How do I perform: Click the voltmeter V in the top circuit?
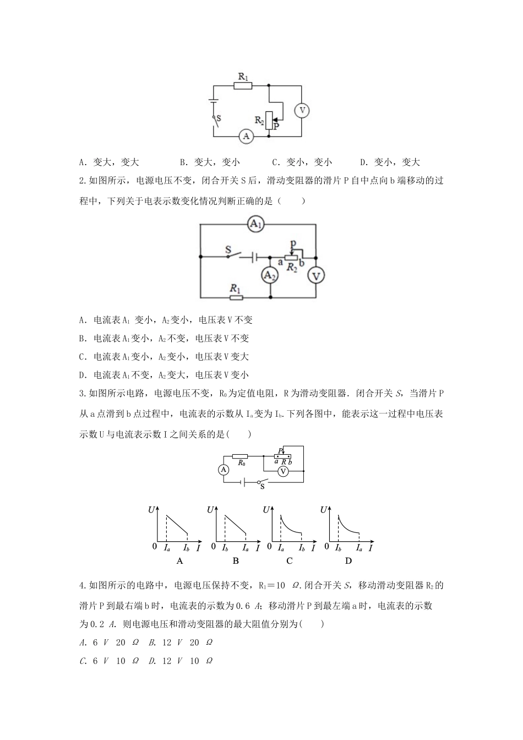(301, 110)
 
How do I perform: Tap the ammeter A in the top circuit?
(246, 136)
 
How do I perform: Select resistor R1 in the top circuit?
(243, 85)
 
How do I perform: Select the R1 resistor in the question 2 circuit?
(236, 298)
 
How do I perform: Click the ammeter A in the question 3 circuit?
(224, 470)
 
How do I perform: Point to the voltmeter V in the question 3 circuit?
(283, 471)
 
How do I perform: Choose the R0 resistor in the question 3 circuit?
(240, 456)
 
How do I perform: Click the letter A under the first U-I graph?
(179, 561)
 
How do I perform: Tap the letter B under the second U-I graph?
(236, 561)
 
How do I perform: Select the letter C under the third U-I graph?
(290, 561)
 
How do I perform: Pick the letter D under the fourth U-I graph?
(348, 561)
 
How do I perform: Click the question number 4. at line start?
(83, 585)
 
